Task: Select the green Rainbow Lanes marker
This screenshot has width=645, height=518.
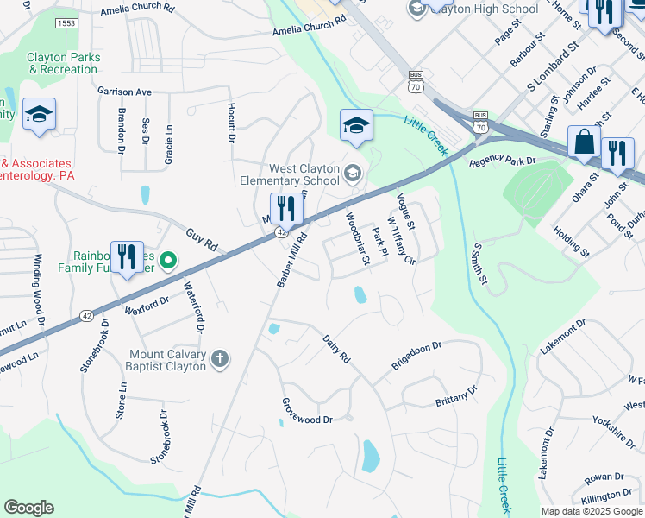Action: pos(169,259)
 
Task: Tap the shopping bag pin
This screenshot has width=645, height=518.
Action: pos(584,143)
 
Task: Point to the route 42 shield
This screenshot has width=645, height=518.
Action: pos(281,232)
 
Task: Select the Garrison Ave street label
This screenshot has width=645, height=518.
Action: pos(124,91)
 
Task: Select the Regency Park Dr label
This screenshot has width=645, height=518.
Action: pos(503,161)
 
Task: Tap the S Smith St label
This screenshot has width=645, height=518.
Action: pos(479,263)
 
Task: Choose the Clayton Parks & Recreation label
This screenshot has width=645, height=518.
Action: pos(64,63)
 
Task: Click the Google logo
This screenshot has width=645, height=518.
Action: pos(28,508)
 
